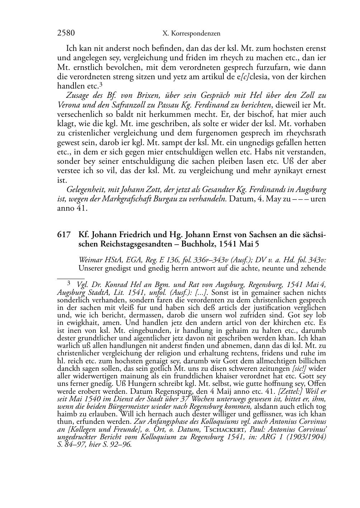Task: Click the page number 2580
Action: click(66, 33)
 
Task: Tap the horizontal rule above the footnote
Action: click(71, 277)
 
